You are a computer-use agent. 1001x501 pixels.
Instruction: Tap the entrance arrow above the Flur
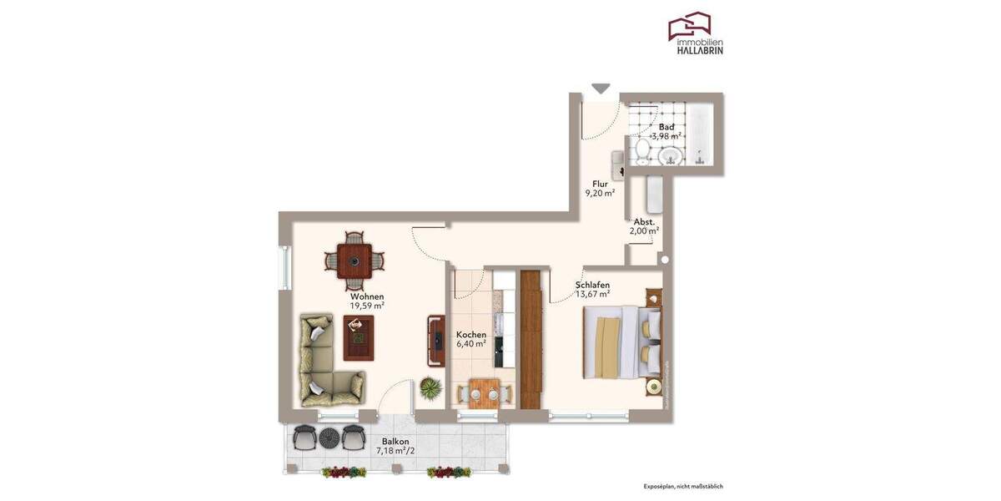[x=601, y=88]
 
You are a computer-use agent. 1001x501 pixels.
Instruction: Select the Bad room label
[x=666, y=127]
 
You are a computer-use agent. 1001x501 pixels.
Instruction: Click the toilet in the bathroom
[x=642, y=152]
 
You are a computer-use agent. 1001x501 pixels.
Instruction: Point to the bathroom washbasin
[x=668, y=156]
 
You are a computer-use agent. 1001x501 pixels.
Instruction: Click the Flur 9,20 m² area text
[x=600, y=193]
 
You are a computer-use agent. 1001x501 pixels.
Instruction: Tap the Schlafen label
[x=592, y=285]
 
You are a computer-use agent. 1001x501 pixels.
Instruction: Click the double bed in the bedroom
[x=622, y=344]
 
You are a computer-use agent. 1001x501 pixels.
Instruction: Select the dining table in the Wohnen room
[x=355, y=261]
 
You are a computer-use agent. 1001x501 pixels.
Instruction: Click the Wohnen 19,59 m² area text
[x=367, y=306]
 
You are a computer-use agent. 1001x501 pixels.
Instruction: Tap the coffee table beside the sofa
[x=359, y=339]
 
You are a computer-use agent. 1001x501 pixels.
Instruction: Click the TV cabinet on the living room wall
[x=436, y=341]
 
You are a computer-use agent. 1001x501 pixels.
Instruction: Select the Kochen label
[x=470, y=335]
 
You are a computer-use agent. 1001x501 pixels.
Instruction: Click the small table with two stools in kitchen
[x=483, y=392]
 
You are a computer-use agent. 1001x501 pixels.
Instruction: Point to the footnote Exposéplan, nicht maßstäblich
[x=683, y=486]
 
